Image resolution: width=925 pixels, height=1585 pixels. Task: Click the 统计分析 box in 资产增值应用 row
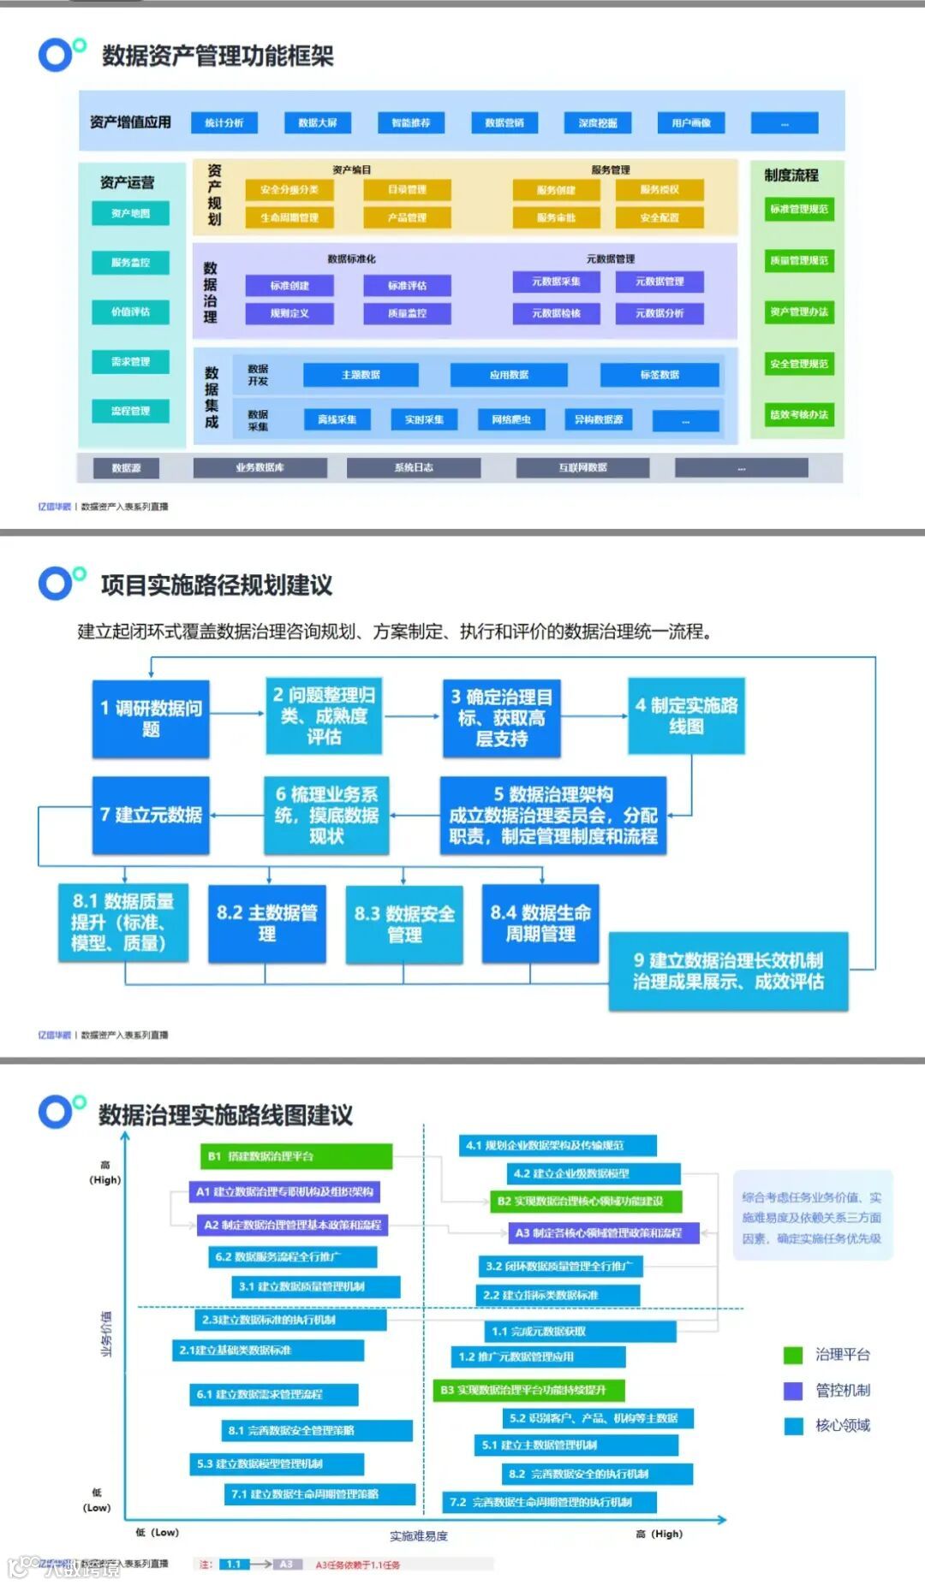pos(224,123)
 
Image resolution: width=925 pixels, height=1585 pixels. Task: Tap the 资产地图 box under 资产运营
pos(130,213)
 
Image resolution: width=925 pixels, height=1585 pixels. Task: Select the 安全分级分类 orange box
pos(289,190)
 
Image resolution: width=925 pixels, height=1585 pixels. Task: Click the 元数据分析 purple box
pos(659,313)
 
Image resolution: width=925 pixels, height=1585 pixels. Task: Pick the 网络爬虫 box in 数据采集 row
pos(511,419)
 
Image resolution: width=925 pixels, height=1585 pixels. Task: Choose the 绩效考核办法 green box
pos(798,415)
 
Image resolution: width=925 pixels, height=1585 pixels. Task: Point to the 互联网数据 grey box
pos(582,467)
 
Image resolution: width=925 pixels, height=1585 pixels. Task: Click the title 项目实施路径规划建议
pos(217,585)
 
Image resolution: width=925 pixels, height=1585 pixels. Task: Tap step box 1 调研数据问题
pos(151,718)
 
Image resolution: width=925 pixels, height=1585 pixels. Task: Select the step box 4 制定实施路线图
pos(686,715)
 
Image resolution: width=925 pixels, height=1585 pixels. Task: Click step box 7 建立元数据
pos(151,815)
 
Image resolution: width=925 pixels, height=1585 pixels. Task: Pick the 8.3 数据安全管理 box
pos(404,923)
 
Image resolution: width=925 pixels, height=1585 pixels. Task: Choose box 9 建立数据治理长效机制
pos(728,971)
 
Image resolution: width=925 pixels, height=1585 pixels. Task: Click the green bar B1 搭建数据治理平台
pos(295,1156)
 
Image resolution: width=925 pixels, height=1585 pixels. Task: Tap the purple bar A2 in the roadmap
pos(292,1225)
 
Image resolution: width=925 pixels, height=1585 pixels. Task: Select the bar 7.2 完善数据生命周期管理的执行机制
pos(550,1502)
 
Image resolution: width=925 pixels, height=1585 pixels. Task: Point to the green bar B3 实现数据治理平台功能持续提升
pos(528,1390)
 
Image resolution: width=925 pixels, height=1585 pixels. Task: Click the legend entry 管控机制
pos(842,1390)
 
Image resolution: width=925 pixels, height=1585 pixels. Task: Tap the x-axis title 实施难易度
pos(419,1536)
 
